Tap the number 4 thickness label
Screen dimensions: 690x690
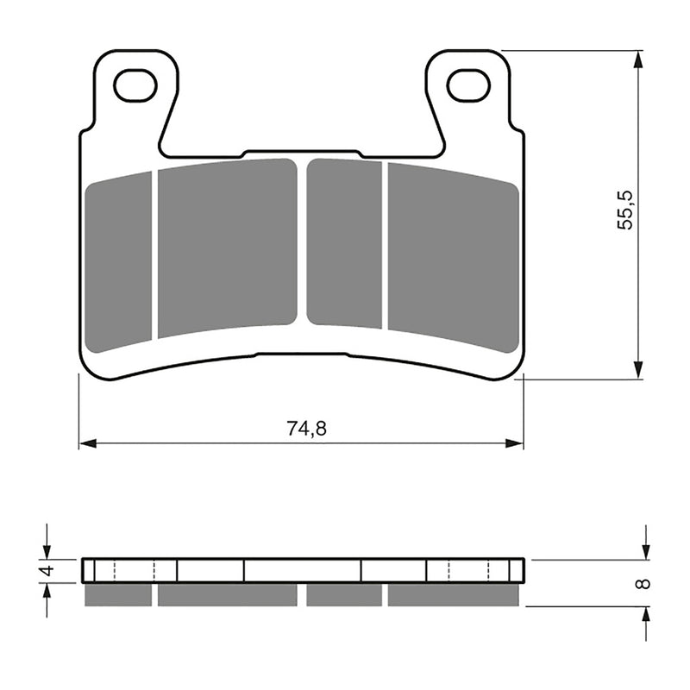pos(49,570)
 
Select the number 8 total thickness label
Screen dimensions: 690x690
pos(641,583)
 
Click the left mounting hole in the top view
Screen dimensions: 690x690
pos(135,85)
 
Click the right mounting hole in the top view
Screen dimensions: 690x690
pos(467,85)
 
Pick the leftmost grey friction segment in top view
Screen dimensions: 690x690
pos(119,260)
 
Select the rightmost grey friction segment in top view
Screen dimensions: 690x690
pos(454,256)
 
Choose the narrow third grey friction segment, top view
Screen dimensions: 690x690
pos(344,242)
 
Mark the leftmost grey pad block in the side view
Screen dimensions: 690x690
pos(119,594)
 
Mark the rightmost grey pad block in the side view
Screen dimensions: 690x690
pos(455,594)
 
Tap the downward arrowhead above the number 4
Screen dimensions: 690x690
pos(47,552)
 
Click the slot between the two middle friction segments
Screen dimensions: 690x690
pos(302,241)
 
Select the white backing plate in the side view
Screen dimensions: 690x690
pos(302,570)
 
